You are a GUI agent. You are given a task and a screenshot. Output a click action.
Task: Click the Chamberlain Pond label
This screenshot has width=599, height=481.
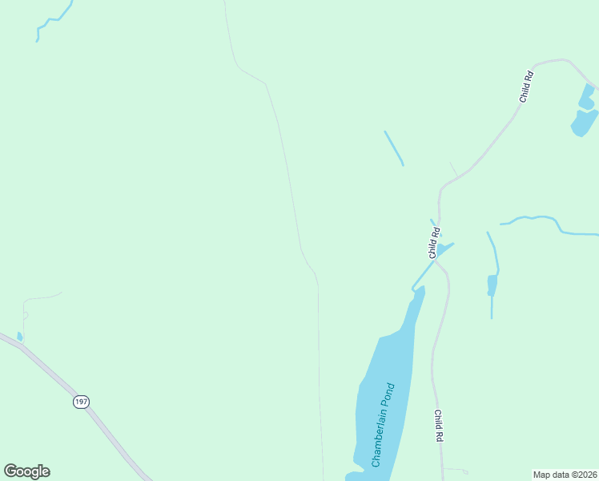click(383, 426)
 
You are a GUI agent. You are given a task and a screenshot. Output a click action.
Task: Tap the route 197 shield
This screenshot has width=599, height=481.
click(80, 401)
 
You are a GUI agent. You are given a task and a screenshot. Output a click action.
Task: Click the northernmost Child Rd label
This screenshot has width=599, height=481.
click(526, 87)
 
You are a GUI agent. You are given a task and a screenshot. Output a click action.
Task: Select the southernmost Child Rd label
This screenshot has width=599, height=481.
click(439, 426)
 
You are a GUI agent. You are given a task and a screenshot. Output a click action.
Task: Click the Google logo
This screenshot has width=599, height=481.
click(26, 471)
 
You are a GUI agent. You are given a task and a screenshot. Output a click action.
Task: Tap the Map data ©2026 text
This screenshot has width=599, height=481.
click(565, 475)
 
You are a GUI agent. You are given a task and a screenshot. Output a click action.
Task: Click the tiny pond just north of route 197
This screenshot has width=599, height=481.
click(20, 337)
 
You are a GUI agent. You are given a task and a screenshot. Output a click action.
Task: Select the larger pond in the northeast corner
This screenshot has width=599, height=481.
click(585, 122)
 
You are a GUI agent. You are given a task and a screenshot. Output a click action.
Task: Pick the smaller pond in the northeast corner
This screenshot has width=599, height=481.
click(586, 98)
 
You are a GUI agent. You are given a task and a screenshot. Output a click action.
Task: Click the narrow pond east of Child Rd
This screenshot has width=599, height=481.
click(492, 285)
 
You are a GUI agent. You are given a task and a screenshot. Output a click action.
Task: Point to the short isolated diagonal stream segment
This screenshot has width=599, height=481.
click(393, 148)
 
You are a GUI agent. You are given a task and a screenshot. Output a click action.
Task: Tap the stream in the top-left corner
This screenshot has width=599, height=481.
click(54, 19)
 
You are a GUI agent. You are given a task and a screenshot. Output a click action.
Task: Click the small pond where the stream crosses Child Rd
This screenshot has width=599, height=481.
click(441, 250)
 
